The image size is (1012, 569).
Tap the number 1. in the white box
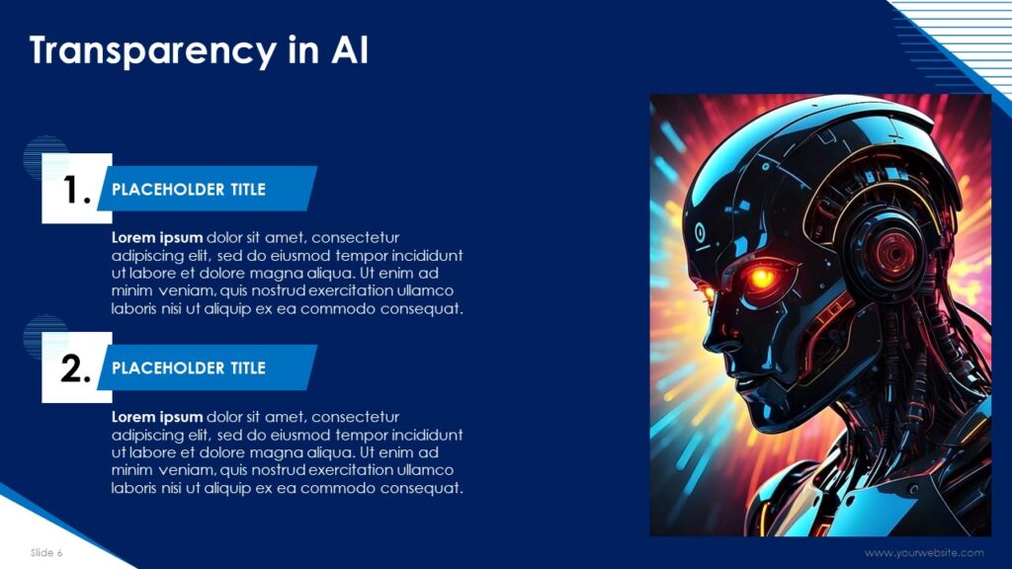[77, 190]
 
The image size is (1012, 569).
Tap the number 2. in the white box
[76, 368]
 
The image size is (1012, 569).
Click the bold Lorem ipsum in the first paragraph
[157, 237]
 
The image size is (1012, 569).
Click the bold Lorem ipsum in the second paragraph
[157, 417]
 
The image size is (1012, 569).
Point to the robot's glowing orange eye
[762, 278]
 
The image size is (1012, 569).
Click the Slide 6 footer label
[46, 553]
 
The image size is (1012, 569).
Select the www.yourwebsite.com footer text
[924, 553]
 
